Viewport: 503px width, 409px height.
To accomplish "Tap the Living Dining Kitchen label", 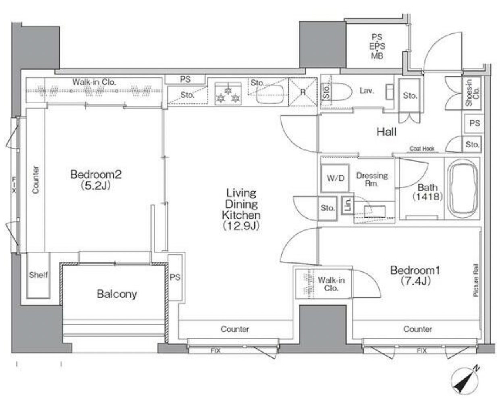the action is [x=241, y=209].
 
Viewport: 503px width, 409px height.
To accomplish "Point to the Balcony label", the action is [x=117, y=294].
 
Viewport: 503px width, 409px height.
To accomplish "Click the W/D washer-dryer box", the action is [x=335, y=178].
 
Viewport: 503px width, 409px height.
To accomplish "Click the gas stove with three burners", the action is [x=228, y=94].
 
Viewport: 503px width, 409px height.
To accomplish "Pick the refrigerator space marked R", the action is [x=303, y=92].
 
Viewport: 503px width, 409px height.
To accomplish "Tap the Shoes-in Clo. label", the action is [x=472, y=93].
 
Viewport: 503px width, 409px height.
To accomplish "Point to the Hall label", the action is [x=387, y=132].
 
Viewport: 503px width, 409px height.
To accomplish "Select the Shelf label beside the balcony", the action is [x=38, y=275].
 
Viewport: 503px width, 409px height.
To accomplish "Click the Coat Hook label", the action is [x=422, y=149].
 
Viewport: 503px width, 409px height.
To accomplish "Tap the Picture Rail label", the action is [x=476, y=280].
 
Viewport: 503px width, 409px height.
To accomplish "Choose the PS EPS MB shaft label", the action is [x=377, y=46].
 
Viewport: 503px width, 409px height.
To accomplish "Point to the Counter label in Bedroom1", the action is [x=418, y=329].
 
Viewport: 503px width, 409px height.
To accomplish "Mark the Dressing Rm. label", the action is [x=372, y=179].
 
